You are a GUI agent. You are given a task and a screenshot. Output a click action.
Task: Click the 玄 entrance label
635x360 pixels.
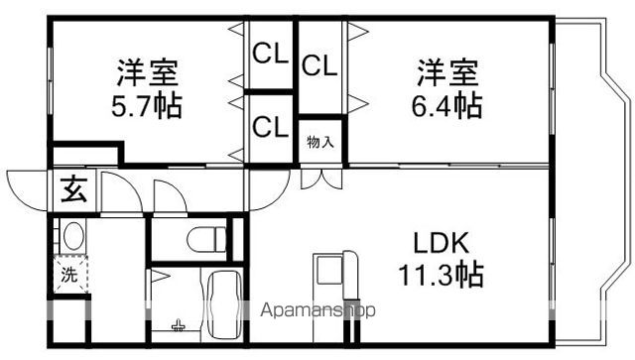(73, 186)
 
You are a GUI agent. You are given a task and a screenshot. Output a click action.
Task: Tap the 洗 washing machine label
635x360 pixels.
(68, 277)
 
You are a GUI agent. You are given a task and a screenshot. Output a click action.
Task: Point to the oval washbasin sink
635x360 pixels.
(72, 238)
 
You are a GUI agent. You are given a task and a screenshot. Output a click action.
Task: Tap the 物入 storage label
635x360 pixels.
(319, 142)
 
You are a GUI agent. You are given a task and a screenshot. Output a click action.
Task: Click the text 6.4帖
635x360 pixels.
(447, 104)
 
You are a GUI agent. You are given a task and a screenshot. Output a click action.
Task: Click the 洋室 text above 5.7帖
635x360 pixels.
(149, 72)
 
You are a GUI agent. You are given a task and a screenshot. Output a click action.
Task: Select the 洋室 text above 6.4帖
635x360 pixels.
(447, 72)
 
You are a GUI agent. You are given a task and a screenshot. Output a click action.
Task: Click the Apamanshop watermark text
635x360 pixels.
(317, 310)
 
